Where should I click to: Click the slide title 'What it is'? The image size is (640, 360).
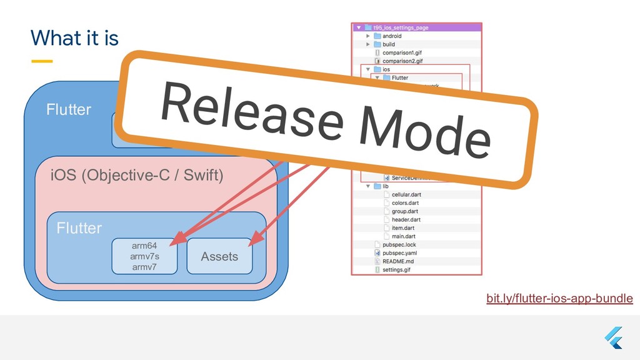(74, 39)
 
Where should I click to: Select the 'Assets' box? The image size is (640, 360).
(219, 256)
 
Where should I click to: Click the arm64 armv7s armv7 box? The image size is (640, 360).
(144, 256)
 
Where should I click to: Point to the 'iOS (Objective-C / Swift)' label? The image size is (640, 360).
(136, 175)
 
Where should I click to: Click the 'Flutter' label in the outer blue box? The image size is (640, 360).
(69, 110)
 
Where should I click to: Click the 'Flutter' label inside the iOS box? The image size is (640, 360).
(79, 228)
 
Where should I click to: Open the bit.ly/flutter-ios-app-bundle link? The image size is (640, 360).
(559, 299)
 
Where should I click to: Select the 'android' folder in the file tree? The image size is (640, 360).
(392, 36)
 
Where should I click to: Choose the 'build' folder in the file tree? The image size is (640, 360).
(389, 44)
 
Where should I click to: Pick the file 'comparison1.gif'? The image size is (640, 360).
(402, 52)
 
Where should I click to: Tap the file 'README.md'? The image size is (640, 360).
(397, 261)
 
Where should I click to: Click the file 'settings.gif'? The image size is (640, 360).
(397, 270)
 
